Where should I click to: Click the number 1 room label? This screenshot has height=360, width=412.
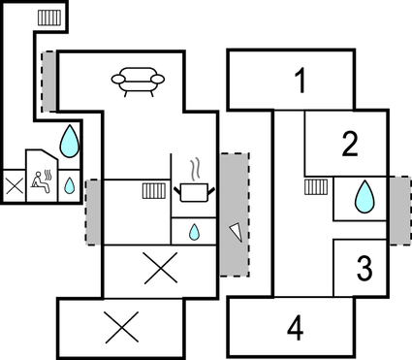click(301, 82)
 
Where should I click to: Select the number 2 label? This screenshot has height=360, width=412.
click(350, 145)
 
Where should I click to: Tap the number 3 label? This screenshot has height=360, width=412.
click(364, 267)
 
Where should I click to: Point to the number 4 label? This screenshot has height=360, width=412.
click(295, 329)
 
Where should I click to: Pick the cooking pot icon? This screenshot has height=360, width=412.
click(193, 191)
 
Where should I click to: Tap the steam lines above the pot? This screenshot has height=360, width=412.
click(195, 168)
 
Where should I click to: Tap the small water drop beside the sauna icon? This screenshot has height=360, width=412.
click(71, 184)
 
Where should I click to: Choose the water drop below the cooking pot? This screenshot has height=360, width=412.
click(194, 232)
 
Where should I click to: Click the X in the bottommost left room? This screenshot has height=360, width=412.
click(120, 327)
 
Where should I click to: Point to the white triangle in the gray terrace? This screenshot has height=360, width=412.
click(234, 229)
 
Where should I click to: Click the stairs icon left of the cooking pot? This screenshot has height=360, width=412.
click(152, 190)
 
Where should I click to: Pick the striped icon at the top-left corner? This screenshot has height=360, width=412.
click(48, 16)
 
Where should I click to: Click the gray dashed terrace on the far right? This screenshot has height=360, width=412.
click(397, 209)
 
